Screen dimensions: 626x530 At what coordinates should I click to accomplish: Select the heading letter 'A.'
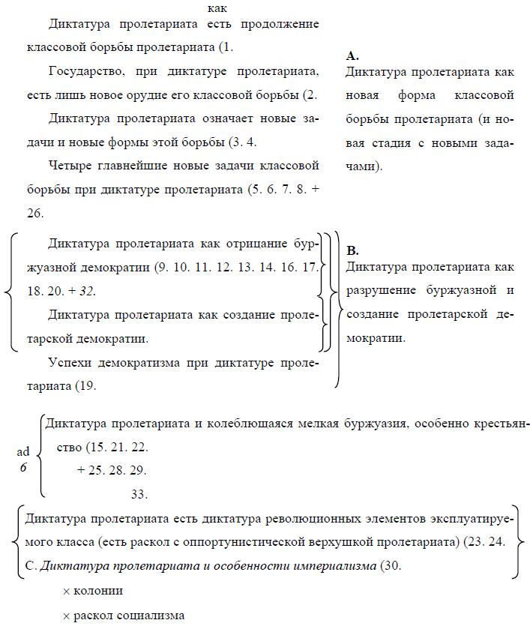point(353,56)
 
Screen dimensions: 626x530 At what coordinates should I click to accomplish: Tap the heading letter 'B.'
point(353,250)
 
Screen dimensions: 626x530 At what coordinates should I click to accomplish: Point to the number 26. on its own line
point(34,213)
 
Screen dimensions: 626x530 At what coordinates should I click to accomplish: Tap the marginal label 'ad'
point(23,452)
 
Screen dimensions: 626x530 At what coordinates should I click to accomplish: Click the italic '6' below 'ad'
point(23,466)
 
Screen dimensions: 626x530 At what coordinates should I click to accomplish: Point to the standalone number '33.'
point(139,494)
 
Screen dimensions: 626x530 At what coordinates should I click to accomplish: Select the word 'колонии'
point(97,591)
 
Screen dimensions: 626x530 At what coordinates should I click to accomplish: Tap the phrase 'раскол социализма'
point(128,616)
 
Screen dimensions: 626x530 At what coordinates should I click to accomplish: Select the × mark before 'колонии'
point(66,592)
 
